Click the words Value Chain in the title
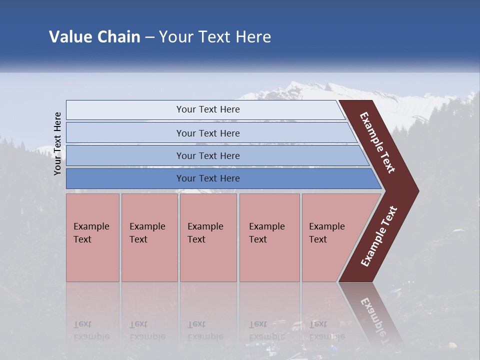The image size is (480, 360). pyautogui.click(x=94, y=37)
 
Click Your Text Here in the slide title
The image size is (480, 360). pyautogui.click(x=215, y=37)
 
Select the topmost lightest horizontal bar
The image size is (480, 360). pyautogui.click(x=207, y=109)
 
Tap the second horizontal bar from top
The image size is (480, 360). pyautogui.click(x=207, y=133)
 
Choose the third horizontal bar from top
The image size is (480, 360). pyautogui.click(x=207, y=155)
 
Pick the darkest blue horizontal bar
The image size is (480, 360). pyautogui.click(x=207, y=178)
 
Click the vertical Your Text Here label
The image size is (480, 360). pyautogui.click(x=57, y=143)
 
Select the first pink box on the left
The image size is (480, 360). pyautogui.click(x=92, y=237)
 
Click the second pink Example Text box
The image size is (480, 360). pyautogui.click(x=149, y=237)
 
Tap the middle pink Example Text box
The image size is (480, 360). pyautogui.click(x=208, y=237)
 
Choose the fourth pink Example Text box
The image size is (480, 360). pyautogui.click(x=269, y=237)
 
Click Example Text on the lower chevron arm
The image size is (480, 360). pyautogui.click(x=379, y=236)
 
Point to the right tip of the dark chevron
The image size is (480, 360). pyautogui.click(x=417, y=190)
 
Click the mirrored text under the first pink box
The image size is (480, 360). pyautogui.click(x=91, y=330)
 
